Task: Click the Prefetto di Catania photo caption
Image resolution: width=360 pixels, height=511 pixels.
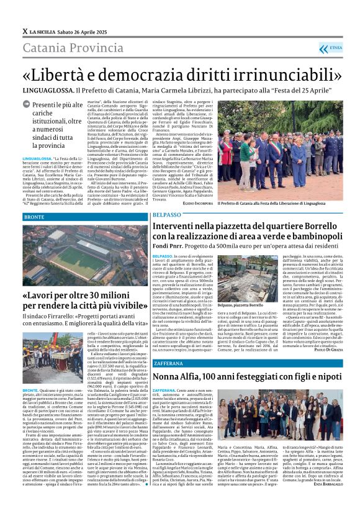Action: tap(271, 203)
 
